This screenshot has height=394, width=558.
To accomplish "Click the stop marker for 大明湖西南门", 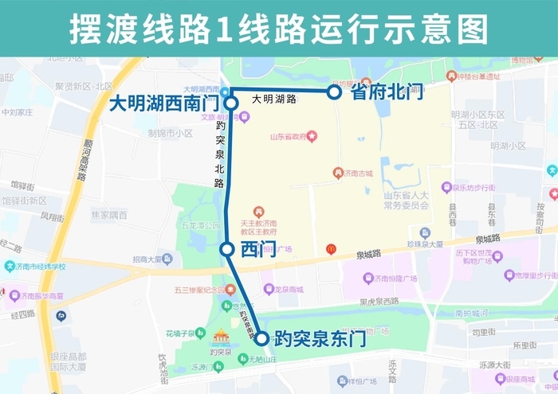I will [x=230, y=103].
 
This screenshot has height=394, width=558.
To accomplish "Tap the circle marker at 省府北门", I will [x=335, y=92].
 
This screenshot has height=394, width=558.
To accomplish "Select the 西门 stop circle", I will [x=227, y=249].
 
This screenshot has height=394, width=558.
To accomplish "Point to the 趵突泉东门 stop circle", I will [x=261, y=338].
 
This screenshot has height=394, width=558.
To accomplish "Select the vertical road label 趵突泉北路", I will [x=219, y=155].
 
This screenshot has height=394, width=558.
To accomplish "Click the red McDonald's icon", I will [x=331, y=249].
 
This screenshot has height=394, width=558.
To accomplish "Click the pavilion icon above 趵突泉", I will [x=220, y=337].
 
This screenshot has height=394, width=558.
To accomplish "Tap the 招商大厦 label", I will [x=153, y=259].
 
